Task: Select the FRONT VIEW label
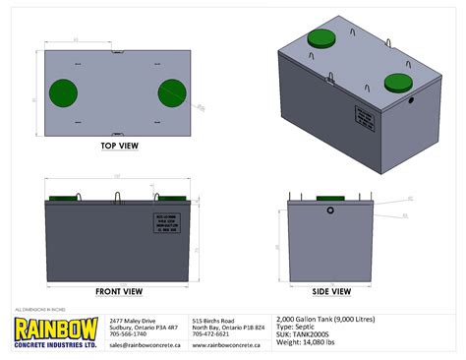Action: click(x=119, y=291)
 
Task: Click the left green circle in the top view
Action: click(x=61, y=90)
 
